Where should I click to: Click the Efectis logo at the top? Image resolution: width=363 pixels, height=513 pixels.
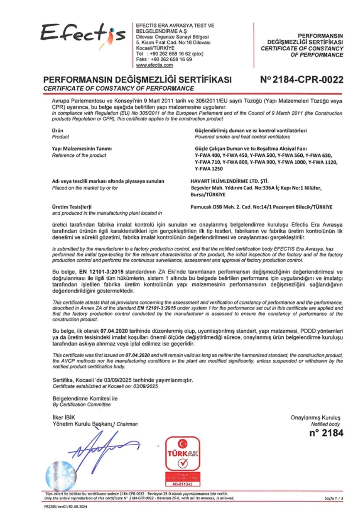tap(83, 34)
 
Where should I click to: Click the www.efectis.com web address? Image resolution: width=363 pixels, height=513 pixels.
tap(154, 65)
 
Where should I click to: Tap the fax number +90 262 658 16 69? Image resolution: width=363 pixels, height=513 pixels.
tap(171, 59)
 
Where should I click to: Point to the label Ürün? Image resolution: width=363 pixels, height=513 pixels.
tap(57, 130)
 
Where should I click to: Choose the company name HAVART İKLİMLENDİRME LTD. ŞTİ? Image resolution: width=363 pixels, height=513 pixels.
tap(229, 181)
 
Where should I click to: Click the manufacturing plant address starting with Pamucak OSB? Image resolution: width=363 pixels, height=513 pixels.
tap(261, 207)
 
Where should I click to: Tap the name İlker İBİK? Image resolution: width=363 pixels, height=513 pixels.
tap(64, 417)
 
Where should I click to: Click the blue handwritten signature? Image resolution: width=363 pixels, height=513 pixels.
tap(102, 446)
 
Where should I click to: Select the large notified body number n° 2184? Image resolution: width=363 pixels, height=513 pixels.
tap(326, 433)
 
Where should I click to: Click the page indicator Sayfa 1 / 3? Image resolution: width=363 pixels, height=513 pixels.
tap(334, 498)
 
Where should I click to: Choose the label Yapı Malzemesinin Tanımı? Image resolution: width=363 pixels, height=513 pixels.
tap(82, 149)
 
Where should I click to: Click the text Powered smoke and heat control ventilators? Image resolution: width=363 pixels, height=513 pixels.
tap(242, 137)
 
